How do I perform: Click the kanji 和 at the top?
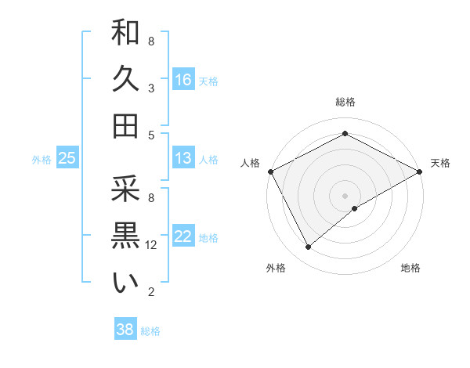(x=125, y=33)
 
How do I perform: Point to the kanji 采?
(x=125, y=189)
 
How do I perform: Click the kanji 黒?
(x=125, y=236)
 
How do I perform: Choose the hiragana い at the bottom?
(x=125, y=283)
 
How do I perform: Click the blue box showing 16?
(x=183, y=80)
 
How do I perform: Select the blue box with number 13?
(x=183, y=159)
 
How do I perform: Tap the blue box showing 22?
(x=183, y=237)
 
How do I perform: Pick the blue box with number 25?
(x=67, y=159)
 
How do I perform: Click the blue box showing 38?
(x=125, y=330)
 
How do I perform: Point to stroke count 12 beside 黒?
(x=151, y=245)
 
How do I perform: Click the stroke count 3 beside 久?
(x=151, y=88)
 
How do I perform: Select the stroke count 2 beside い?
(x=151, y=292)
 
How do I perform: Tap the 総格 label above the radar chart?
(x=345, y=102)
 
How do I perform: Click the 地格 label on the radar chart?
(x=410, y=269)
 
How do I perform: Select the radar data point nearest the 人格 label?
(x=270, y=171)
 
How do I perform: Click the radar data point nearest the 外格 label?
(x=308, y=247)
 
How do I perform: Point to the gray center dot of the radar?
(x=345, y=195)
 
